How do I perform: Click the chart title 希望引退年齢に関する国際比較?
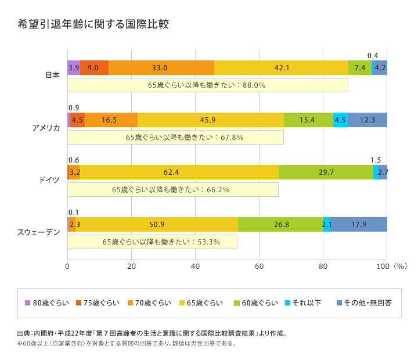pos(93,24)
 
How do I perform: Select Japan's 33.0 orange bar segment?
pos(161,68)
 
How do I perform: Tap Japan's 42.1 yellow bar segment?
pos(281,68)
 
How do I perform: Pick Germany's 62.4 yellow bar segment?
pos(179,172)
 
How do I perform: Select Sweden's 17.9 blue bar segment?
pos(359,225)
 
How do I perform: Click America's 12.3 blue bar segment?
pos(367,120)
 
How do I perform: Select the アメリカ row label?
pos(46,128)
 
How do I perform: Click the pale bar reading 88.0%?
pos(207,85)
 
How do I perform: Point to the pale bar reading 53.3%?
pos(152,242)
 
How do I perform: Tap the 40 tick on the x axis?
pos(195,267)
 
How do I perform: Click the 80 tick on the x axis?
pos(323,267)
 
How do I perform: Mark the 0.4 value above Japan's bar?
pos(373,56)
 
